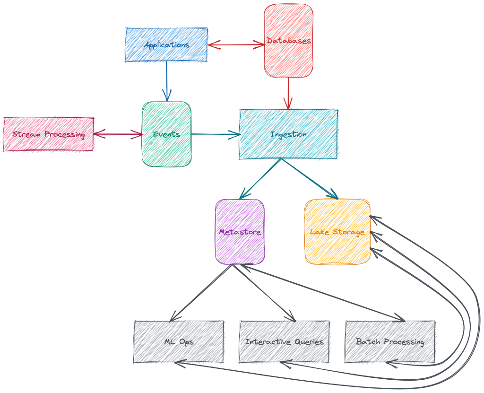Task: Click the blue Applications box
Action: coord(166,44)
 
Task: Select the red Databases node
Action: coord(288,41)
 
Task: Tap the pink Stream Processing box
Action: coord(48,134)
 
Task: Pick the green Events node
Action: coord(166,134)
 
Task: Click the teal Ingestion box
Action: coord(288,134)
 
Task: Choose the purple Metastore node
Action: coord(240,232)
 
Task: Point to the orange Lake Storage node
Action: coord(337,232)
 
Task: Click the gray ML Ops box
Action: coord(179,341)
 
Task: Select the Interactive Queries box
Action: coord(284,341)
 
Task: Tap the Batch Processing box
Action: coord(390,341)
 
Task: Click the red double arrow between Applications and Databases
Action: coord(236,45)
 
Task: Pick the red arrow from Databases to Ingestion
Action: coord(288,94)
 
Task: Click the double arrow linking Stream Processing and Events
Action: coord(118,135)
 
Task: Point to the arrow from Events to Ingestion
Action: coord(215,134)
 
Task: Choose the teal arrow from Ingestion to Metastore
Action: coord(261,179)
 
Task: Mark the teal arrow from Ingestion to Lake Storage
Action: coord(310,179)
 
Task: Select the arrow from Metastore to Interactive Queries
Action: coord(263,292)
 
